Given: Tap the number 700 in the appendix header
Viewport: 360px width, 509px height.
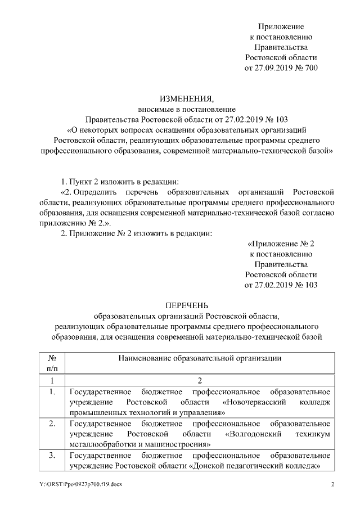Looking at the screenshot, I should (x=310, y=68).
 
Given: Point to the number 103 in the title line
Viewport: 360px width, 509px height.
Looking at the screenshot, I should (x=278, y=119).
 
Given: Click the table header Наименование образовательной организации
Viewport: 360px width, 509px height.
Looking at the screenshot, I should (x=200, y=358).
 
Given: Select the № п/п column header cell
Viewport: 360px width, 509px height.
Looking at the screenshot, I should (x=51, y=363).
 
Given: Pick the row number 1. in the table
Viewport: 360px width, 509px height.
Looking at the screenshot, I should (x=51, y=391).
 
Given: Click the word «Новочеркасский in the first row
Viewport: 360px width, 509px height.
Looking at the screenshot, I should (x=255, y=402).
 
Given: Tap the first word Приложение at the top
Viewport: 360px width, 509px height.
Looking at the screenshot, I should (x=281, y=26).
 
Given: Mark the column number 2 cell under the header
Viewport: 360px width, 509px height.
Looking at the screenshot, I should (x=200, y=380).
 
